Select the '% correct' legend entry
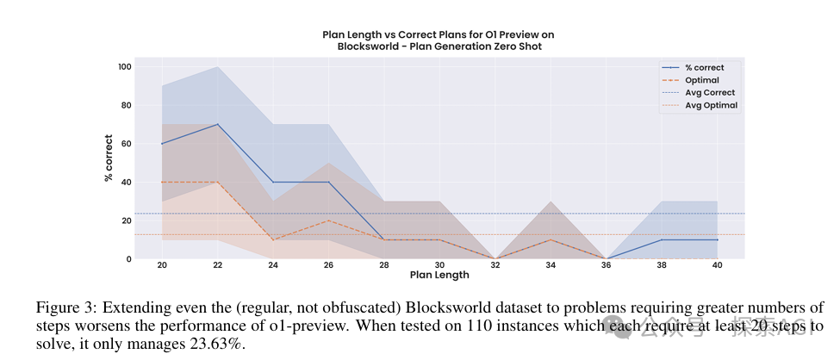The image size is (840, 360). pos(704,67)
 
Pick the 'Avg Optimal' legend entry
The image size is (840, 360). pos(711,105)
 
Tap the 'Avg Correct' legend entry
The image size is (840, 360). pos(710,92)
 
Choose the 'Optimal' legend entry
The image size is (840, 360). pos(702,80)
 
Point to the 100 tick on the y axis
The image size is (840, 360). pos(124,67)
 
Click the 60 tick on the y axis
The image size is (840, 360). pos(127,144)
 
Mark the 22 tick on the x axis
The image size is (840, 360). pos(218,266)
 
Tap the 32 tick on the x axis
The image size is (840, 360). pos(495,266)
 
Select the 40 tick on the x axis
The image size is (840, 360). pos(717,266)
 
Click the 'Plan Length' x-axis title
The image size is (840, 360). pos(439,276)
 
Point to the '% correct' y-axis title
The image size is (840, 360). pos(109,163)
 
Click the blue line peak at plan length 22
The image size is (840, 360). pos(218,125)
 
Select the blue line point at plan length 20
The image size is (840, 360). pos(162,144)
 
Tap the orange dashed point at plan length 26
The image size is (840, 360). pos(328,220)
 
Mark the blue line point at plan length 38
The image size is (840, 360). pos(661,239)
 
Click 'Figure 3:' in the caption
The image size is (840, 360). pos(62,307)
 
